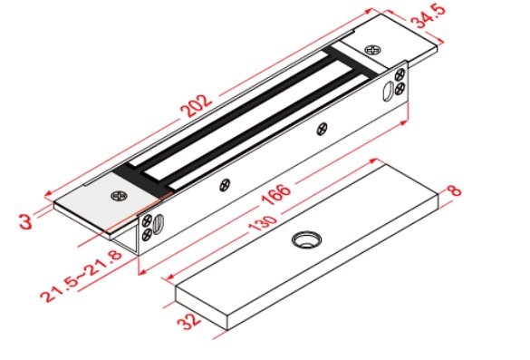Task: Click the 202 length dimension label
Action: (196, 106)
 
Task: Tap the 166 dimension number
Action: (276, 194)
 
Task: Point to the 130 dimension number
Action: (263, 224)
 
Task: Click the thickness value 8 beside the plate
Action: (455, 190)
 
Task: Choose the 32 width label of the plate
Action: (188, 321)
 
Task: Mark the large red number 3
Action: (25, 221)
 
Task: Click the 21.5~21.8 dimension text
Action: (81, 276)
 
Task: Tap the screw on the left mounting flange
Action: (120, 196)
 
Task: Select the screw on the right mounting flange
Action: (373, 50)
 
